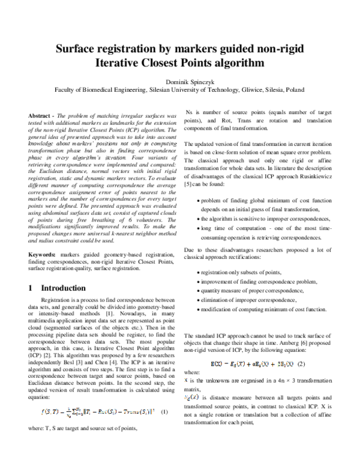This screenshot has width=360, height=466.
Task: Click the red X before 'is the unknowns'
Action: (x=185, y=381)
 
